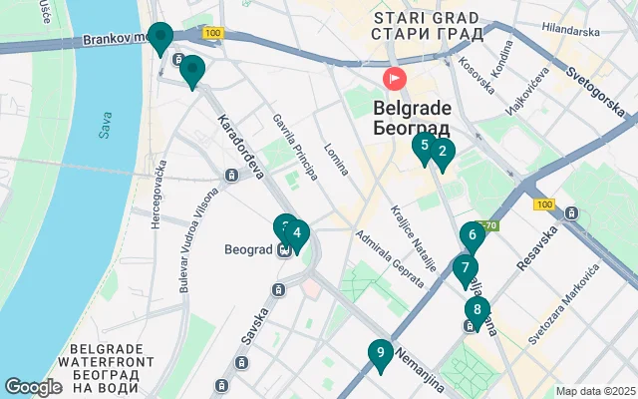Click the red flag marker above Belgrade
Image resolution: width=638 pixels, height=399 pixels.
tap(396, 78)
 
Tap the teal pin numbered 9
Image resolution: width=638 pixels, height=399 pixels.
tap(379, 354)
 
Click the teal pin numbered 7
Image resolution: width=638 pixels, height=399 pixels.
tap(465, 268)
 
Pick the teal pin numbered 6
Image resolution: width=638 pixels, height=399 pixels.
tap(472, 236)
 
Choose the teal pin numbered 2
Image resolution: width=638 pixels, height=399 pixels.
tap(443, 153)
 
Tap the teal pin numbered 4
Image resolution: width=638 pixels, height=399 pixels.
tap(297, 234)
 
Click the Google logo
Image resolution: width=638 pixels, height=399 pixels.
tap(33, 386)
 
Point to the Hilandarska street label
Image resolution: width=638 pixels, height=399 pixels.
tap(571, 32)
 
